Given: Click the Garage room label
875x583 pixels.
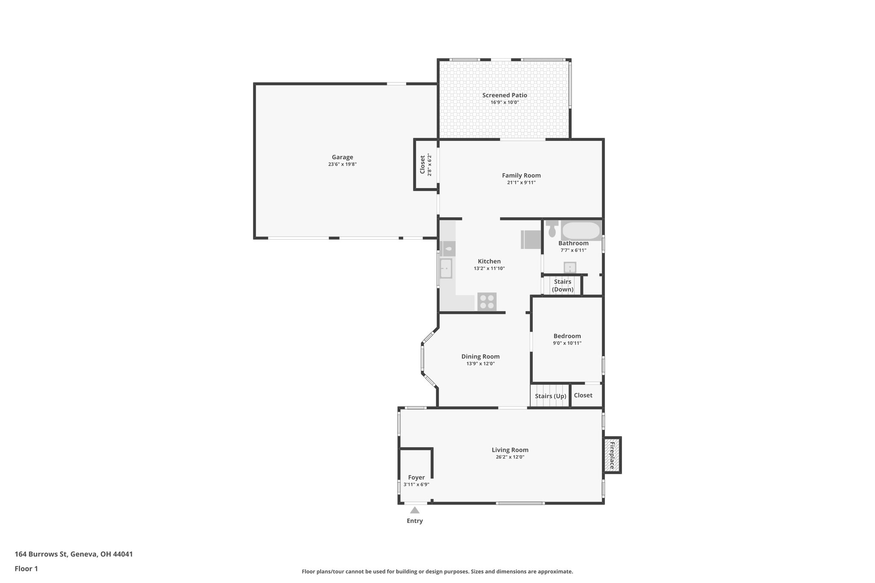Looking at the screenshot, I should [342, 157].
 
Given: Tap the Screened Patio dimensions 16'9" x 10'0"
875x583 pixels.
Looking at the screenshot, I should [504, 103].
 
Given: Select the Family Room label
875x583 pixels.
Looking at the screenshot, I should [521, 175].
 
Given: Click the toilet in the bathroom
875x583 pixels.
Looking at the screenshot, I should [552, 229].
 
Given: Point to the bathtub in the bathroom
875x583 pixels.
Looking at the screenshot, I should [581, 231].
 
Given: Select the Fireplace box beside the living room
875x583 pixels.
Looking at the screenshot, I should [612, 455].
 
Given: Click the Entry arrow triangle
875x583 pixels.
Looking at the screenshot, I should [414, 510].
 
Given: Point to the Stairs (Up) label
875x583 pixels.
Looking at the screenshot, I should [550, 396].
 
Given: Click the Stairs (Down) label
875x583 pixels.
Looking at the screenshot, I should [562, 285].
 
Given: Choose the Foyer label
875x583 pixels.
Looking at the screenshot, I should [416, 478].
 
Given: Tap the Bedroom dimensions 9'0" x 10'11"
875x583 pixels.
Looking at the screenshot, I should [567, 343].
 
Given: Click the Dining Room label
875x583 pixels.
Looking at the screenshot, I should [480, 356].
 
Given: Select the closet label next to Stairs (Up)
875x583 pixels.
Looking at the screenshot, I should [583, 395].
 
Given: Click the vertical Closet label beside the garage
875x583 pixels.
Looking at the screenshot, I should [423, 164].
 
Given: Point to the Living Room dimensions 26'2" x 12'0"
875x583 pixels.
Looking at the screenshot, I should [510, 457].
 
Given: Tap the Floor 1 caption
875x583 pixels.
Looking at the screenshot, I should [26, 568].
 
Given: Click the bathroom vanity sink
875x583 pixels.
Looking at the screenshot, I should [570, 268].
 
